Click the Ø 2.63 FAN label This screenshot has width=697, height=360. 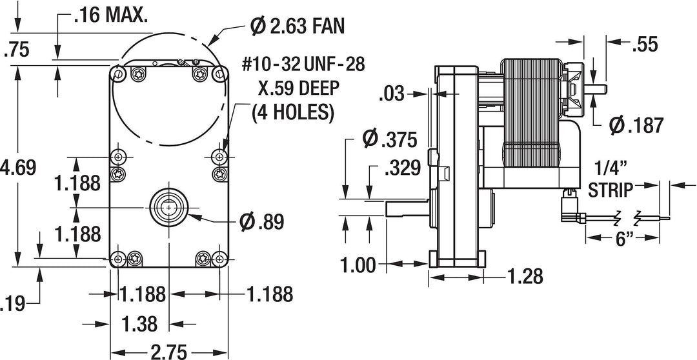[297, 26]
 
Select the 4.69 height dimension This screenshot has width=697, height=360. [18, 166]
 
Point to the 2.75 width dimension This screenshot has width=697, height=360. [169, 352]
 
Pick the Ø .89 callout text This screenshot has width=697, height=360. [261, 221]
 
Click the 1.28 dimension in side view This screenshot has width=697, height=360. [525, 276]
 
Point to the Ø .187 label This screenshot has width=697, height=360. [636, 125]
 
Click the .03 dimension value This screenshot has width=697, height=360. [392, 95]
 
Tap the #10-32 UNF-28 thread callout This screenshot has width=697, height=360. [303, 65]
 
